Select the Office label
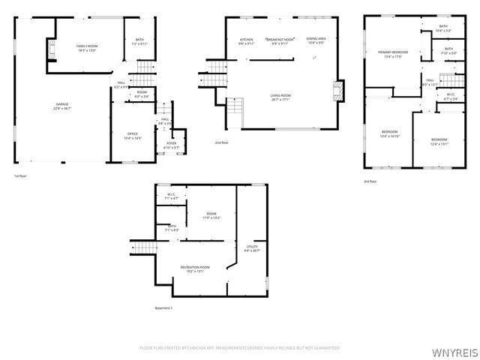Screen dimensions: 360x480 click(x=132, y=134)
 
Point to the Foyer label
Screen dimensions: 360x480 click(x=171, y=142)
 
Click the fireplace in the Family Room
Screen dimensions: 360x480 click(x=52, y=52)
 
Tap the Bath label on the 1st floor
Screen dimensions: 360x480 click(x=140, y=40)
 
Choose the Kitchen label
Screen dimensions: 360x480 click(x=246, y=40)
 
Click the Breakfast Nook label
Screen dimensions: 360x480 click(x=279, y=40)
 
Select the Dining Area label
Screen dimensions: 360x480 click(x=316, y=40)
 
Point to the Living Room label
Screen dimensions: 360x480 click(x=280, y=95)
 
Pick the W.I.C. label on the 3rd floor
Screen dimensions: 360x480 click(x=450, y=94)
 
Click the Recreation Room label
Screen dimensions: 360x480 click(x=195, y=267)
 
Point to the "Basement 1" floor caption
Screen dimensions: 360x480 click(x=163, y=308)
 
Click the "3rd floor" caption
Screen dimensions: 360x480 click(x=370, y=181)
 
